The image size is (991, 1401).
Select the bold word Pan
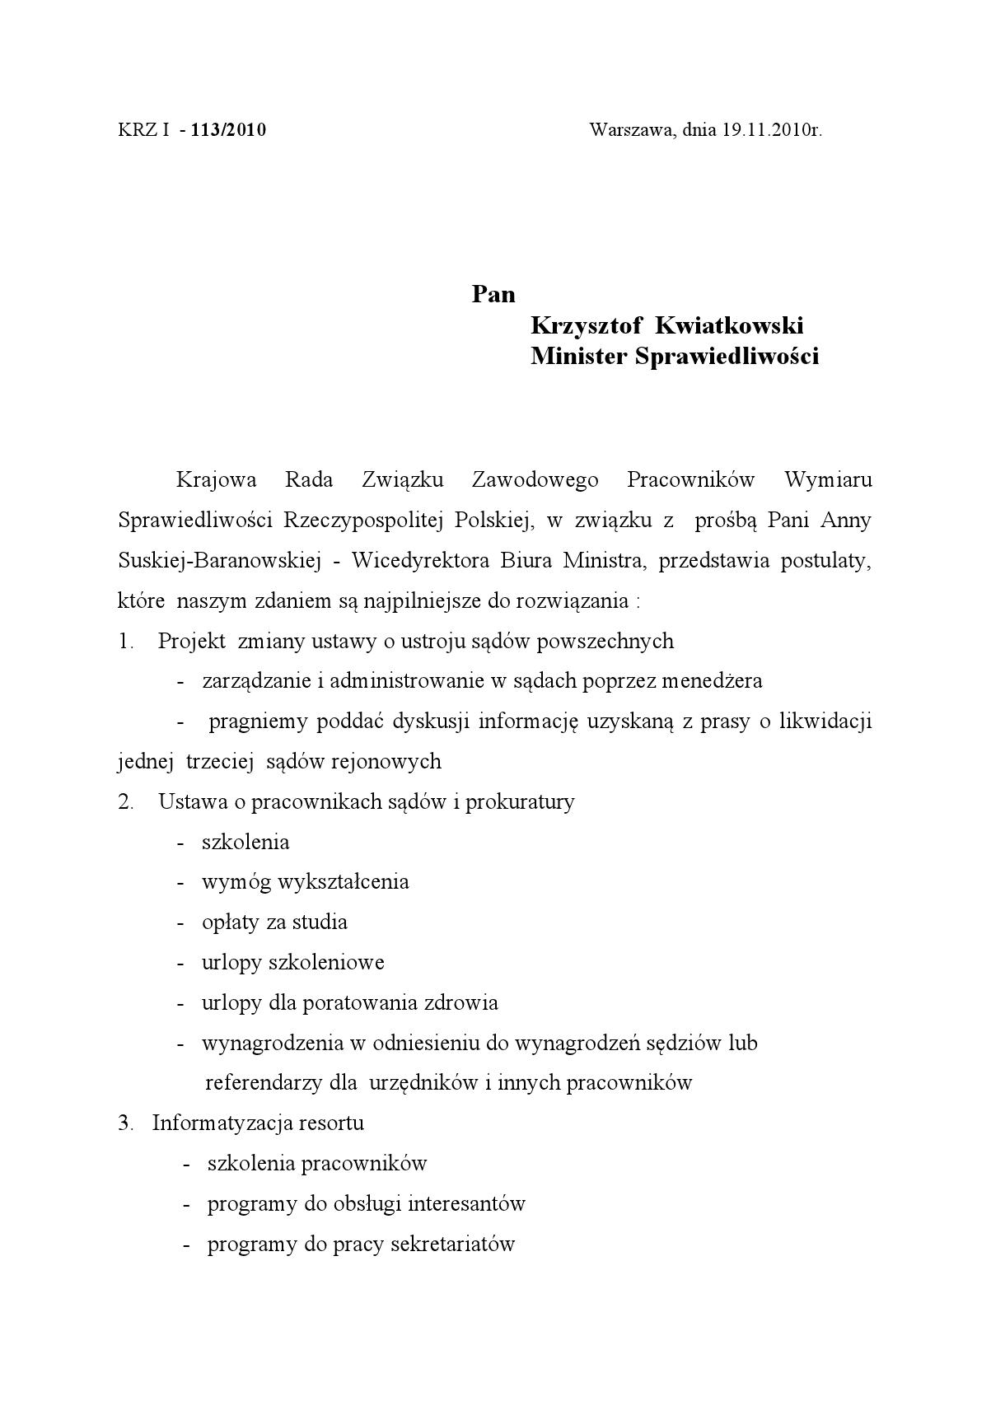point(493,294)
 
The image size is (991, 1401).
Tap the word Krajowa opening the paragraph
point(217,479)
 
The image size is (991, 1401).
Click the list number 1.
point(125,641)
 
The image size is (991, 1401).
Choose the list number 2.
point(125,801)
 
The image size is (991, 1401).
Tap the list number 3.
point(125,1123)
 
